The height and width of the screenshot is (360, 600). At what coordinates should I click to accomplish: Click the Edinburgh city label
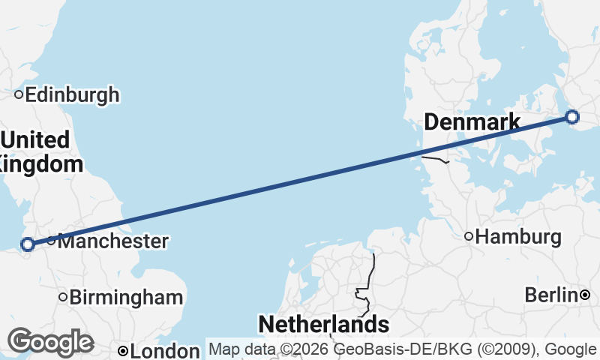72,95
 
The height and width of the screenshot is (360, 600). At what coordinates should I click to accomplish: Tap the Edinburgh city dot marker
19,94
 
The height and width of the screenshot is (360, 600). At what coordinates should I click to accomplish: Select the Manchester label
112,241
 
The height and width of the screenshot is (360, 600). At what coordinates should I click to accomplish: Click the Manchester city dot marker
51,241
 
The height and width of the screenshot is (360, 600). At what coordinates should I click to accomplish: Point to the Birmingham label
126,297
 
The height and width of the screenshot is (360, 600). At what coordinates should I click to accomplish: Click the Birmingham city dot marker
64,297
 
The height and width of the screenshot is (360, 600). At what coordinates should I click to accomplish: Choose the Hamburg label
518,238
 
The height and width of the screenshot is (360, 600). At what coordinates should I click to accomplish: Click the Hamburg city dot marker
469,237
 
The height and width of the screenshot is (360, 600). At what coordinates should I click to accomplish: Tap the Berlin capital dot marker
585,295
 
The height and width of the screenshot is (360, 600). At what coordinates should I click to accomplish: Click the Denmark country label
472,122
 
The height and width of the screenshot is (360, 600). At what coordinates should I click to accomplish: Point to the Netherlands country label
324,325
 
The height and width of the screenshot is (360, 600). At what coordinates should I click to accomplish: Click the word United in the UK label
36,140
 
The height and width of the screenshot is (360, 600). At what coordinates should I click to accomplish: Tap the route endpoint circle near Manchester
28,244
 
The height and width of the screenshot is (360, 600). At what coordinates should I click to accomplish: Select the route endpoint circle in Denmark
572,116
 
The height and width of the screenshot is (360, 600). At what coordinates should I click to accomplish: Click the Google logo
50,342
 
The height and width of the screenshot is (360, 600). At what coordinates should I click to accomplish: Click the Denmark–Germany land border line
435,158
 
